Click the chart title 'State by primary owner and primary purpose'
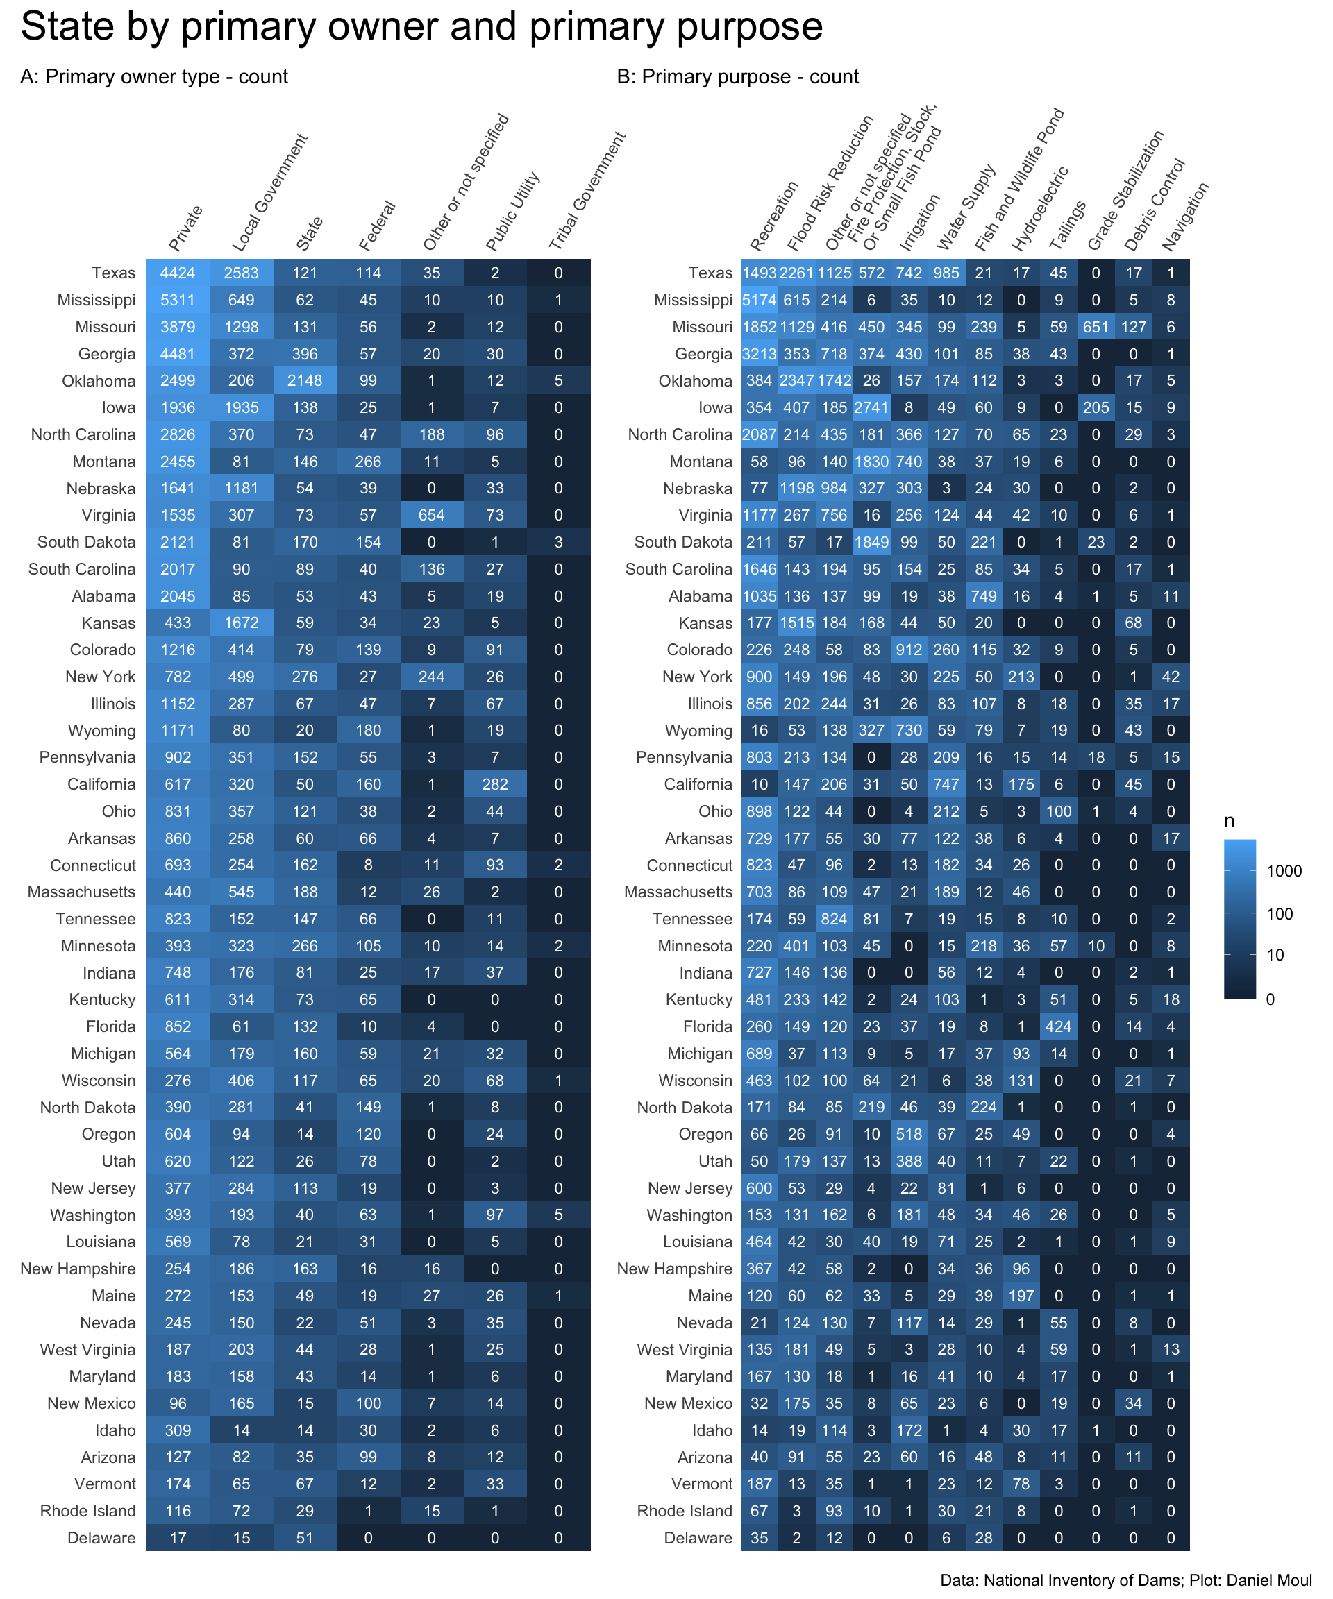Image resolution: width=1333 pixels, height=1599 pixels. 421,27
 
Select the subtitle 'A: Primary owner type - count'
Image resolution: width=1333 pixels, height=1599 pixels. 154,77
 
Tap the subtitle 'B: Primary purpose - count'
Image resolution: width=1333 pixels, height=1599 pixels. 737,77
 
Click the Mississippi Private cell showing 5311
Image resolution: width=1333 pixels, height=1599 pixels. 178,300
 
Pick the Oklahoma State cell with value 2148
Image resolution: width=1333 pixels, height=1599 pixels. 305,381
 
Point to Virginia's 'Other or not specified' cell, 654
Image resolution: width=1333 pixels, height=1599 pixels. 431,516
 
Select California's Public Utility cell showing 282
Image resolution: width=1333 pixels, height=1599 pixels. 494,784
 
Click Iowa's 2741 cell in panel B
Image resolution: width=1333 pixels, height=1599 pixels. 871,407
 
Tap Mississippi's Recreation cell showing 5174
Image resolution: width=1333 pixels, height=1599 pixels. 759,300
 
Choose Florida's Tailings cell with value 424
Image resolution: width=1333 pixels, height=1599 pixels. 1058,1026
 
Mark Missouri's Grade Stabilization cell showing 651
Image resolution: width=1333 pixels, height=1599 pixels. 1096,328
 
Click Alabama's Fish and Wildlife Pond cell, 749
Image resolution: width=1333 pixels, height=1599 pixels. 983,596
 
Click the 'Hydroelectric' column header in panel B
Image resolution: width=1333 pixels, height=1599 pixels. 1041,209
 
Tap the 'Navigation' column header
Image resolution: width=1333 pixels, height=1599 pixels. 1185,217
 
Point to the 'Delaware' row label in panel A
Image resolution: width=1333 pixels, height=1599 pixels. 101,1538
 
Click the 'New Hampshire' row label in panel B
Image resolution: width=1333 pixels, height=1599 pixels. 674,1269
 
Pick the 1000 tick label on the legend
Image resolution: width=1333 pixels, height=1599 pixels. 1284,871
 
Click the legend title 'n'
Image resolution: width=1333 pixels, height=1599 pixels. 1230,822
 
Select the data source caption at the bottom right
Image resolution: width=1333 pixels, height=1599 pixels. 1126,1580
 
